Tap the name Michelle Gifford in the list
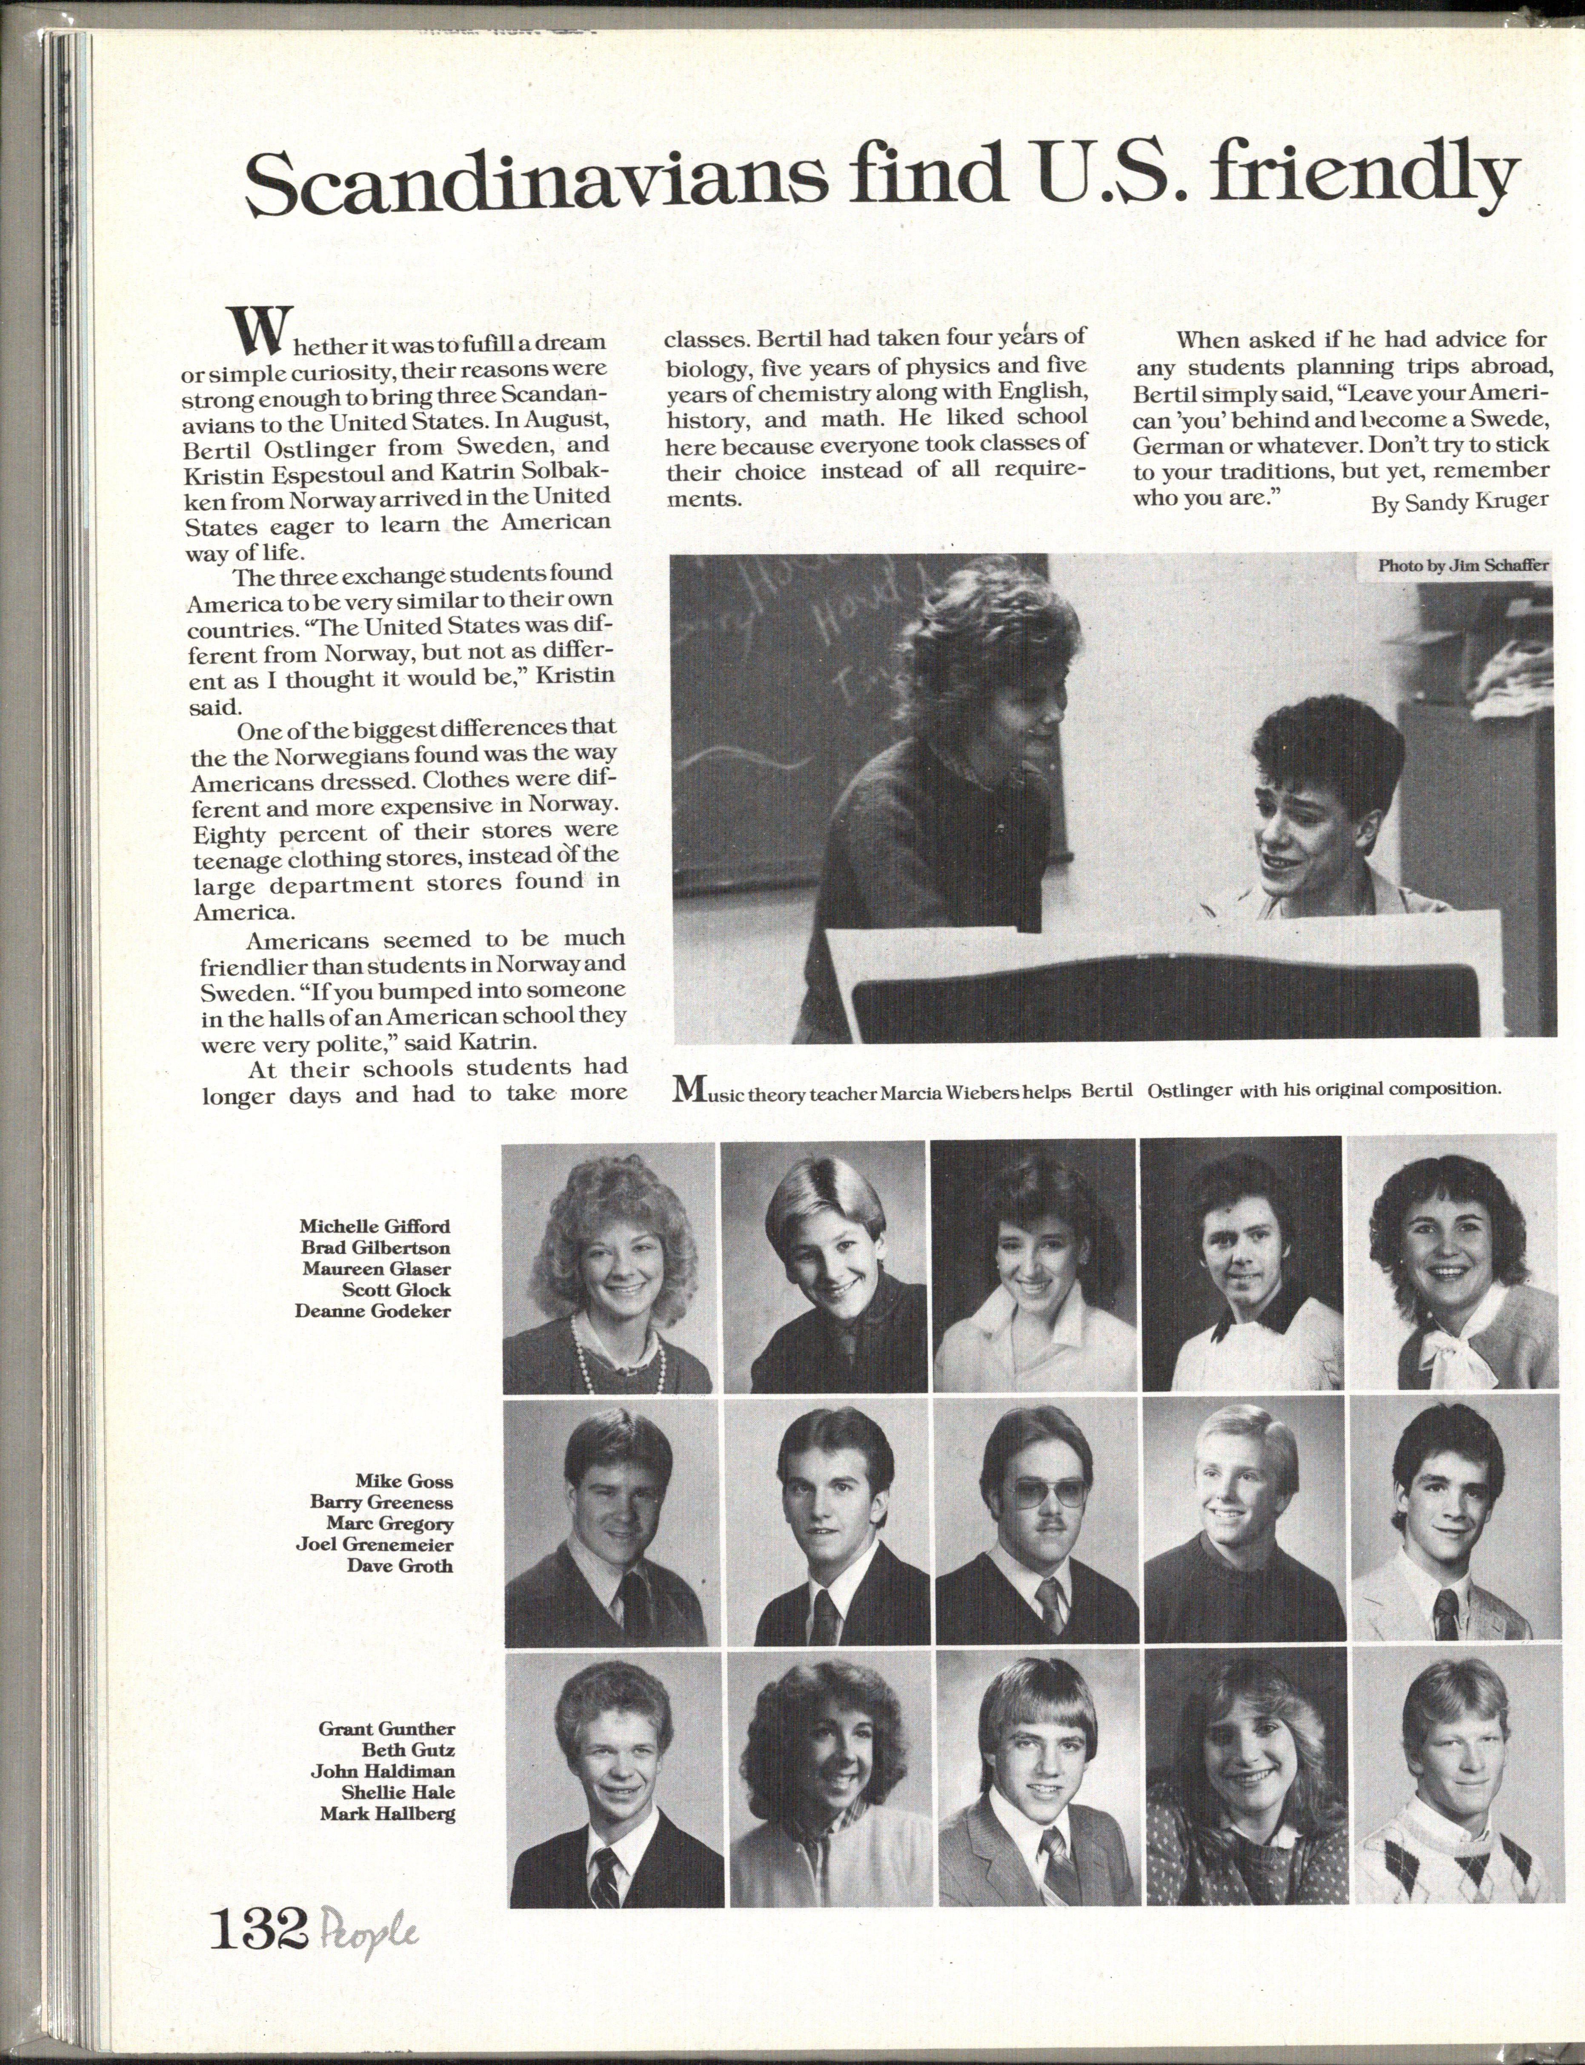[375, 1226]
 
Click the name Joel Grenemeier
[375, 1544]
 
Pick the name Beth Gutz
[415, 1750]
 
